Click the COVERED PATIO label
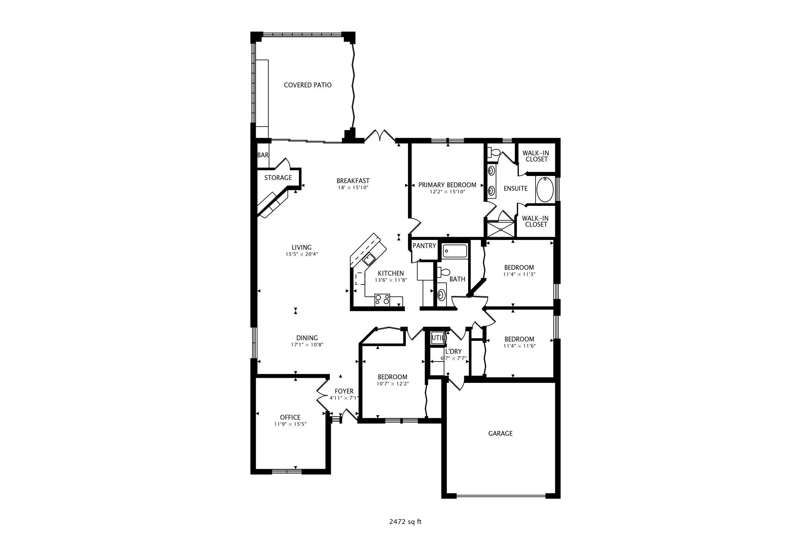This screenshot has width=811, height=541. (x=308, y=85)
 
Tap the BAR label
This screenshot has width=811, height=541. (x=263, y=155)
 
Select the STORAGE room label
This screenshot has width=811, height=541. (x=278, y=178)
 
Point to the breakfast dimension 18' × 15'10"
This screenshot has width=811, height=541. (x=353, y=188)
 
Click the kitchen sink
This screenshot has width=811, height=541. (x=369, y=259)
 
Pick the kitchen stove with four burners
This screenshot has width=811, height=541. (x=382, y=299)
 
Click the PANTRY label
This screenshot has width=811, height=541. (x=424, y=246)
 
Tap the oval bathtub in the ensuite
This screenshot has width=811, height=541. (x=545, y=189)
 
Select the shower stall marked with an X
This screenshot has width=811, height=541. (x=500, y=229)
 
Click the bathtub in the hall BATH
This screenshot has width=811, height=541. (x=455, y=251)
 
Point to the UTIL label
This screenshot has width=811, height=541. (x=438, y=338)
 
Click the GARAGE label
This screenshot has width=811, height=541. (x=500, y=434)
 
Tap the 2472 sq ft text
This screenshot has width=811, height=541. (x=405, y=522)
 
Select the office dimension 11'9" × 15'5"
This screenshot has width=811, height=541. (x=290, y=425)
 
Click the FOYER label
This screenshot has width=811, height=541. (x=344, y=391)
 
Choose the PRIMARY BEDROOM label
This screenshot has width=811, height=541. (x=447, y=185)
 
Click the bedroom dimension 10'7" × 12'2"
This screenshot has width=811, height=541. (x=392, y=384)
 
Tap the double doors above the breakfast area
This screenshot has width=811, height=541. (x=380, y=136)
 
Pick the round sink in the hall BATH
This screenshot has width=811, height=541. (x=441, y=295)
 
